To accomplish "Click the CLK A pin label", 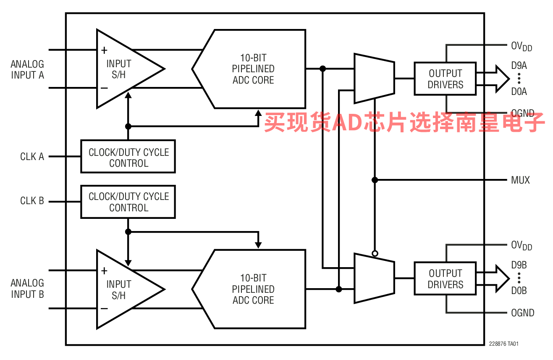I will [32, 157].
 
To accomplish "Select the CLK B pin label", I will [32, 201].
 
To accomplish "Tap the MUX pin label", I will [520, 180].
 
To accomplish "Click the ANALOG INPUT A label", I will [27, 70].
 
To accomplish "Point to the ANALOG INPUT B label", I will [27, 289].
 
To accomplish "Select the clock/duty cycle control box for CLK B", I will [128, 202].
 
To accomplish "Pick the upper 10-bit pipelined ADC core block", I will [253, 69].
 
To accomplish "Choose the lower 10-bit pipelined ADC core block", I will [253, 289].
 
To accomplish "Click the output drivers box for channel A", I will [445, 79].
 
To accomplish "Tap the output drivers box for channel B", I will [445, 279].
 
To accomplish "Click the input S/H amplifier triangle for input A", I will [122, 69].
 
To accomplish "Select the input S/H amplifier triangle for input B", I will [122, 289].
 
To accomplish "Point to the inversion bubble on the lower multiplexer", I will [375, 253].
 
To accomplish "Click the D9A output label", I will [519, 66].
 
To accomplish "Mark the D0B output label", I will [519, 291].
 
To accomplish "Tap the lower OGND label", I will [522, 313].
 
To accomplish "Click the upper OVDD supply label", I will [521, 47].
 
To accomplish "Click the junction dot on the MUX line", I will [375, 180].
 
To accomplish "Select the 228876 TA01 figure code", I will [503, 344].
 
